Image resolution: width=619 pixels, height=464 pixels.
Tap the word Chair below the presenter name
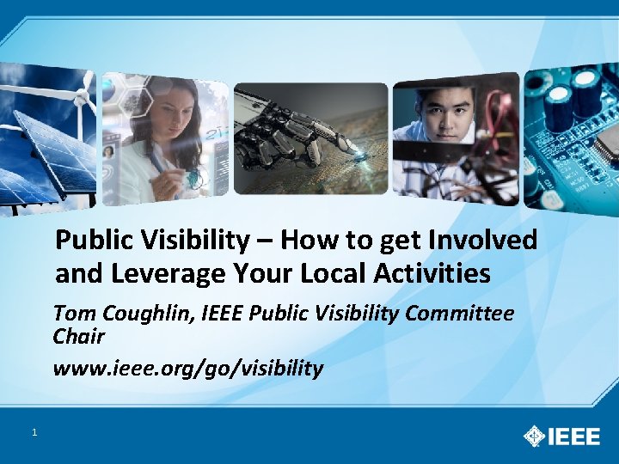(x=78, y=336)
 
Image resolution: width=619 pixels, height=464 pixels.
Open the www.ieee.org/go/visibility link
(x=187, y=369)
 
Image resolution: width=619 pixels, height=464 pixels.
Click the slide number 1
(x=34, y=432)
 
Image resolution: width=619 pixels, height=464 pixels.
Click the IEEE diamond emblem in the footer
(x=534, y=436)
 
